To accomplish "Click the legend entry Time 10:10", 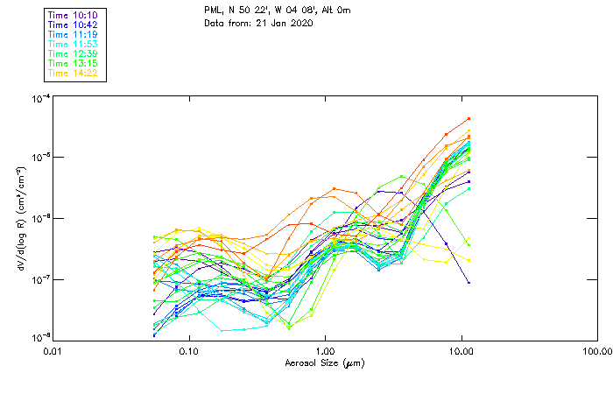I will pyautogui.click(x=74, y=15).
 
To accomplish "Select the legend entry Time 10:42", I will pyautogui.click(x=74, y=25).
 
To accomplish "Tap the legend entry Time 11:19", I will pyautogui.click(x=74, y=34).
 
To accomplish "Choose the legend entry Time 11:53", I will pyautogui.click(x=74, y=44).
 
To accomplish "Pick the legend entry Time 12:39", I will pyautogui.click(x=74, y=53).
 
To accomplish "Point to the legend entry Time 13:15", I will pyautogui.click(x=74, y=63).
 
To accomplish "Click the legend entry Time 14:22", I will pyautogui.click(x=74, y=73).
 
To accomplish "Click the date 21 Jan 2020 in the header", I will pyautogui.click(x=283, y=23).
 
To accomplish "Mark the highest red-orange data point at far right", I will pyautogui.click(x=469, y=118).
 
